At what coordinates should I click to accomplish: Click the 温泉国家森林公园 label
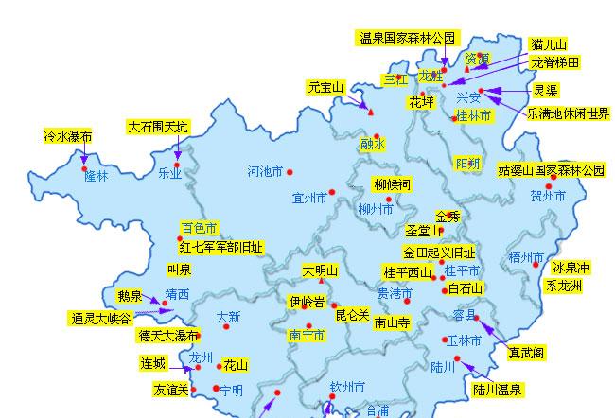tap(407, 39)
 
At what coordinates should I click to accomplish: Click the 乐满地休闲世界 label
tap(568, 113)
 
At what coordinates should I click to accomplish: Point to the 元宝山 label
tap(325, 87)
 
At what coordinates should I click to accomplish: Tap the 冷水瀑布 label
tap(68, 136)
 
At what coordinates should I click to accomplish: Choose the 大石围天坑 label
tap(158, 127)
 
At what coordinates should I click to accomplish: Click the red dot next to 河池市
tap(290, 172)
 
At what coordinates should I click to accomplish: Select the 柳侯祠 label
tap(392, 183)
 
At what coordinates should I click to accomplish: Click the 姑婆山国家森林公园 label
tap(551, 170)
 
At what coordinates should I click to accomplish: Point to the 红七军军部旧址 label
tap(221, 246)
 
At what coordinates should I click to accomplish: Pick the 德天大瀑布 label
tap(167, 335)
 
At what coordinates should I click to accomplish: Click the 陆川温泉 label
tap(499, 388)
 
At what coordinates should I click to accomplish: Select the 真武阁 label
tap(525, 353)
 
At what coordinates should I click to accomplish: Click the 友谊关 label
tap(170, 389)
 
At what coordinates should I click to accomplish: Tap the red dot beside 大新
tap(226, 327)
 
